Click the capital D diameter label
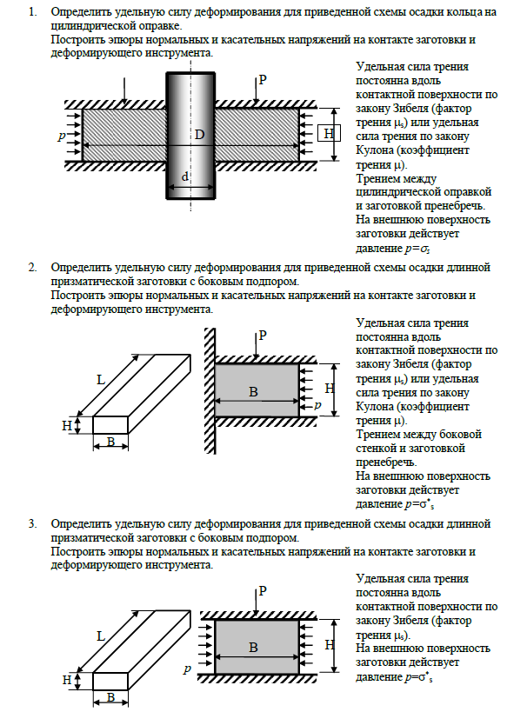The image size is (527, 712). coord(199,135)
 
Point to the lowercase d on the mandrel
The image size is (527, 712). coord(184,177)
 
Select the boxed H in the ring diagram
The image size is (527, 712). coord(328,134)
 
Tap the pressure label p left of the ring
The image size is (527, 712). coord(62,136)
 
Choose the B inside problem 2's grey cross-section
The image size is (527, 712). coord(253,392)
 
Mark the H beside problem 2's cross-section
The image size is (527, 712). coord(329,387)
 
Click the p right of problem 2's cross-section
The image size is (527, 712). coord(317,406)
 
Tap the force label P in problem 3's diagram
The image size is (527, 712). coord(262,591)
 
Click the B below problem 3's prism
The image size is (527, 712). coord(110,697)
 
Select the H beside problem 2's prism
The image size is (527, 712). coord(67,426)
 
